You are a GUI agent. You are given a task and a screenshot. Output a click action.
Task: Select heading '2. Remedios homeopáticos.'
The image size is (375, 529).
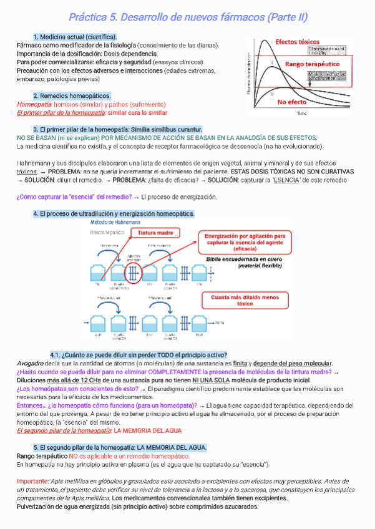click(x=72, y=95)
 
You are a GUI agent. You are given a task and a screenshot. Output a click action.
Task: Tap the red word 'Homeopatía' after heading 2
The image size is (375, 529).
click(x=35, y=104)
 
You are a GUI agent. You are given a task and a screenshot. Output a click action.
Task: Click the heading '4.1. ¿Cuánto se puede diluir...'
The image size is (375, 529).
click(x=138, y=355)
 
